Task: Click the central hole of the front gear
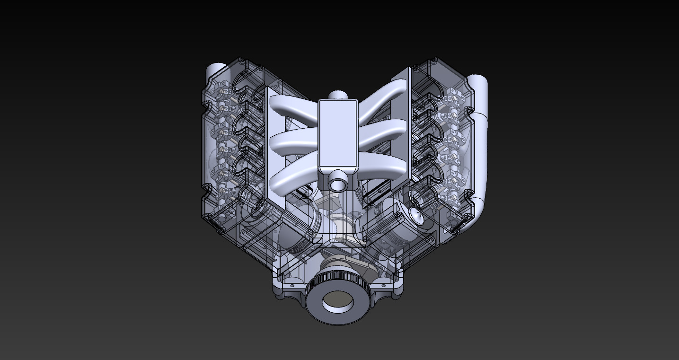[337, 301]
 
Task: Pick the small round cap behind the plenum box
[337, 95]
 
